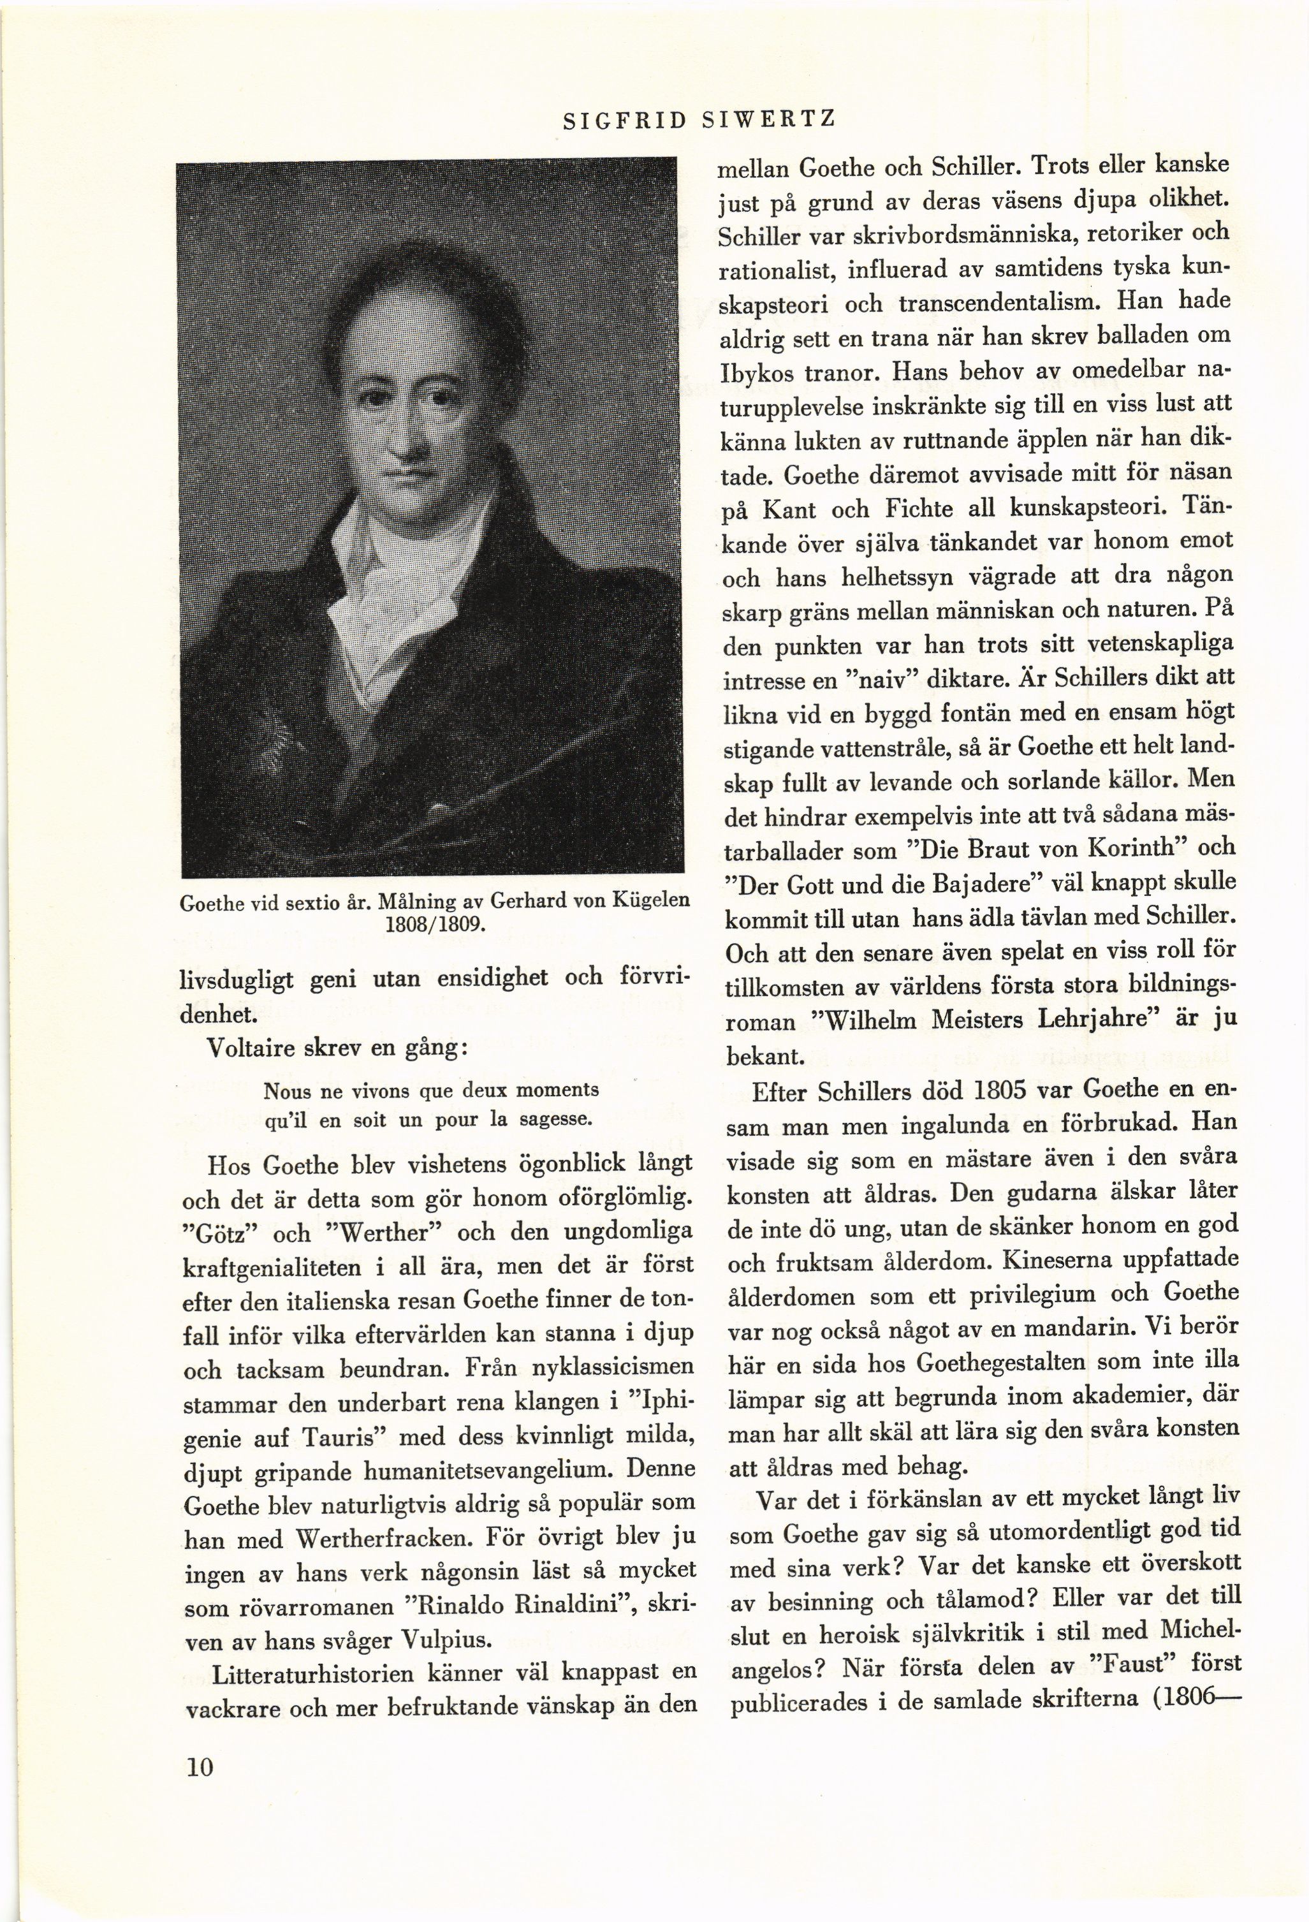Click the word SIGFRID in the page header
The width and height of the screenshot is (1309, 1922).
625,122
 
